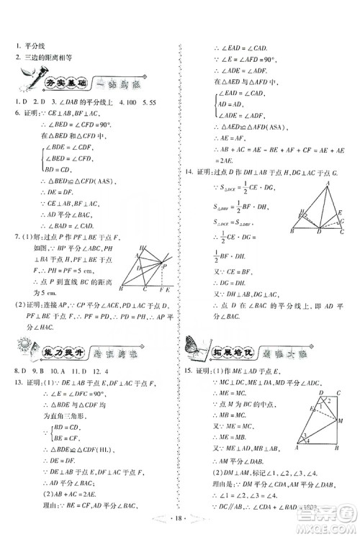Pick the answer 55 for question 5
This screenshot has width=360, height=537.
click(153, 101)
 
